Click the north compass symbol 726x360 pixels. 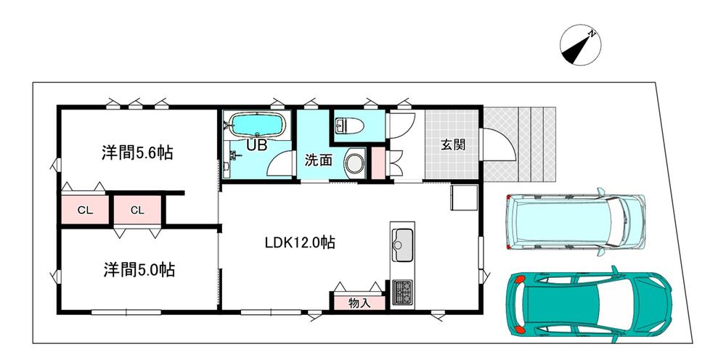pos(580,45)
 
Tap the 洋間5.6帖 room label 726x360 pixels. pos(137,152)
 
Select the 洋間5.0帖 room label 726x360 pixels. pos(139,269)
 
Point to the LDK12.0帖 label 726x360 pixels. pos(300,242)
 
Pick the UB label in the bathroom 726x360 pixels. pos(256,146)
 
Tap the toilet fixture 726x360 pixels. pos(351,125)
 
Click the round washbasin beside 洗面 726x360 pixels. pos(355,163)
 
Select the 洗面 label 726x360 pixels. pos(318,160)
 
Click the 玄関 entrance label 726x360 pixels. pos(452,145)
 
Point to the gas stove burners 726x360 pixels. pos(403,292)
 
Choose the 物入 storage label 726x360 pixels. pos(359,303)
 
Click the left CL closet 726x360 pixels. pos(85,210)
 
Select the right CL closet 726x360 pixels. pos(137,210)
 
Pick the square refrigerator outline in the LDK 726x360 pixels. pos(464,197)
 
